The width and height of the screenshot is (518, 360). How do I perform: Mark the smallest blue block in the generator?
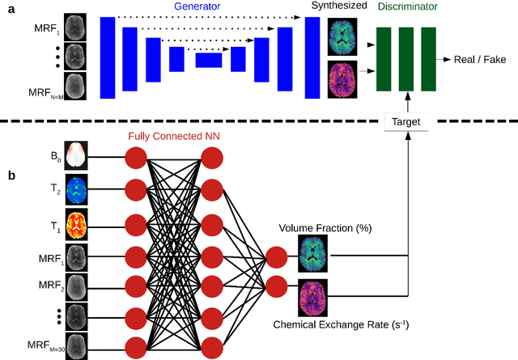pos(208,60)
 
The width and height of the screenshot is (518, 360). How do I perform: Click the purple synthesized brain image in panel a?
pos(341,77)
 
